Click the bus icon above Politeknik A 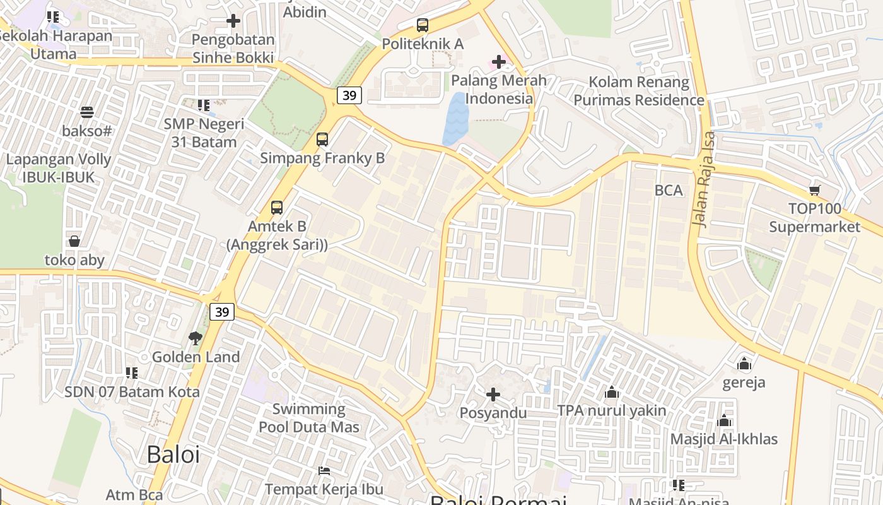point(423,25)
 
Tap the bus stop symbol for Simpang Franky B point(322,140)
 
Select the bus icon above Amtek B point(276,207)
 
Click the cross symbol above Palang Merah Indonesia point(498,62)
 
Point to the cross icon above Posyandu point(493,395)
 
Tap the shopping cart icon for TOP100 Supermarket point(814,190)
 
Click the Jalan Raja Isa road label point(705,179)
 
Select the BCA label point(669,190)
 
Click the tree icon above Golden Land point(195,338)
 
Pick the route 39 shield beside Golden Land point(222,312)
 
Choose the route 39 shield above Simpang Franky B point(349,95)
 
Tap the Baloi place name point(173,454)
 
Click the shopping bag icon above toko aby point(74,241)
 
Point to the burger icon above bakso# point(87,112)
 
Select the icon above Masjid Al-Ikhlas point(724,420)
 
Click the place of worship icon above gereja point(744,364)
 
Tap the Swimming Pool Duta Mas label point(309,418)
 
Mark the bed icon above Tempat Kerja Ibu point(324,471)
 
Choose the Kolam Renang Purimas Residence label point(639,91)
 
